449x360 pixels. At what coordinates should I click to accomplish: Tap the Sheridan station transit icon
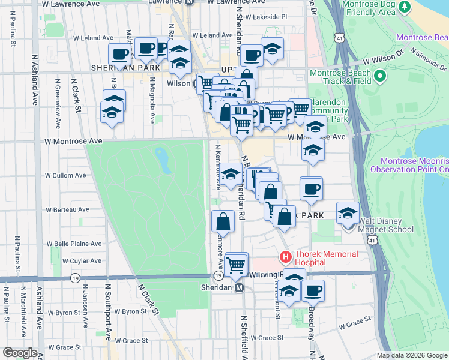coord(239,287)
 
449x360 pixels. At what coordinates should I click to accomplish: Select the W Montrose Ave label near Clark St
coord(74,141)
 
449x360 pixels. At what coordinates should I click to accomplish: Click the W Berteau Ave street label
coord(67,209)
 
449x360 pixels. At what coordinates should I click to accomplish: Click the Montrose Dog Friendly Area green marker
coord(405,7)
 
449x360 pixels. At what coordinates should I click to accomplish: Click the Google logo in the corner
coord(19,353)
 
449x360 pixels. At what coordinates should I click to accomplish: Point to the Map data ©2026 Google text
coord(412,355)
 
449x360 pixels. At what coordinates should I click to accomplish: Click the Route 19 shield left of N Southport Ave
coord(75,278)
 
